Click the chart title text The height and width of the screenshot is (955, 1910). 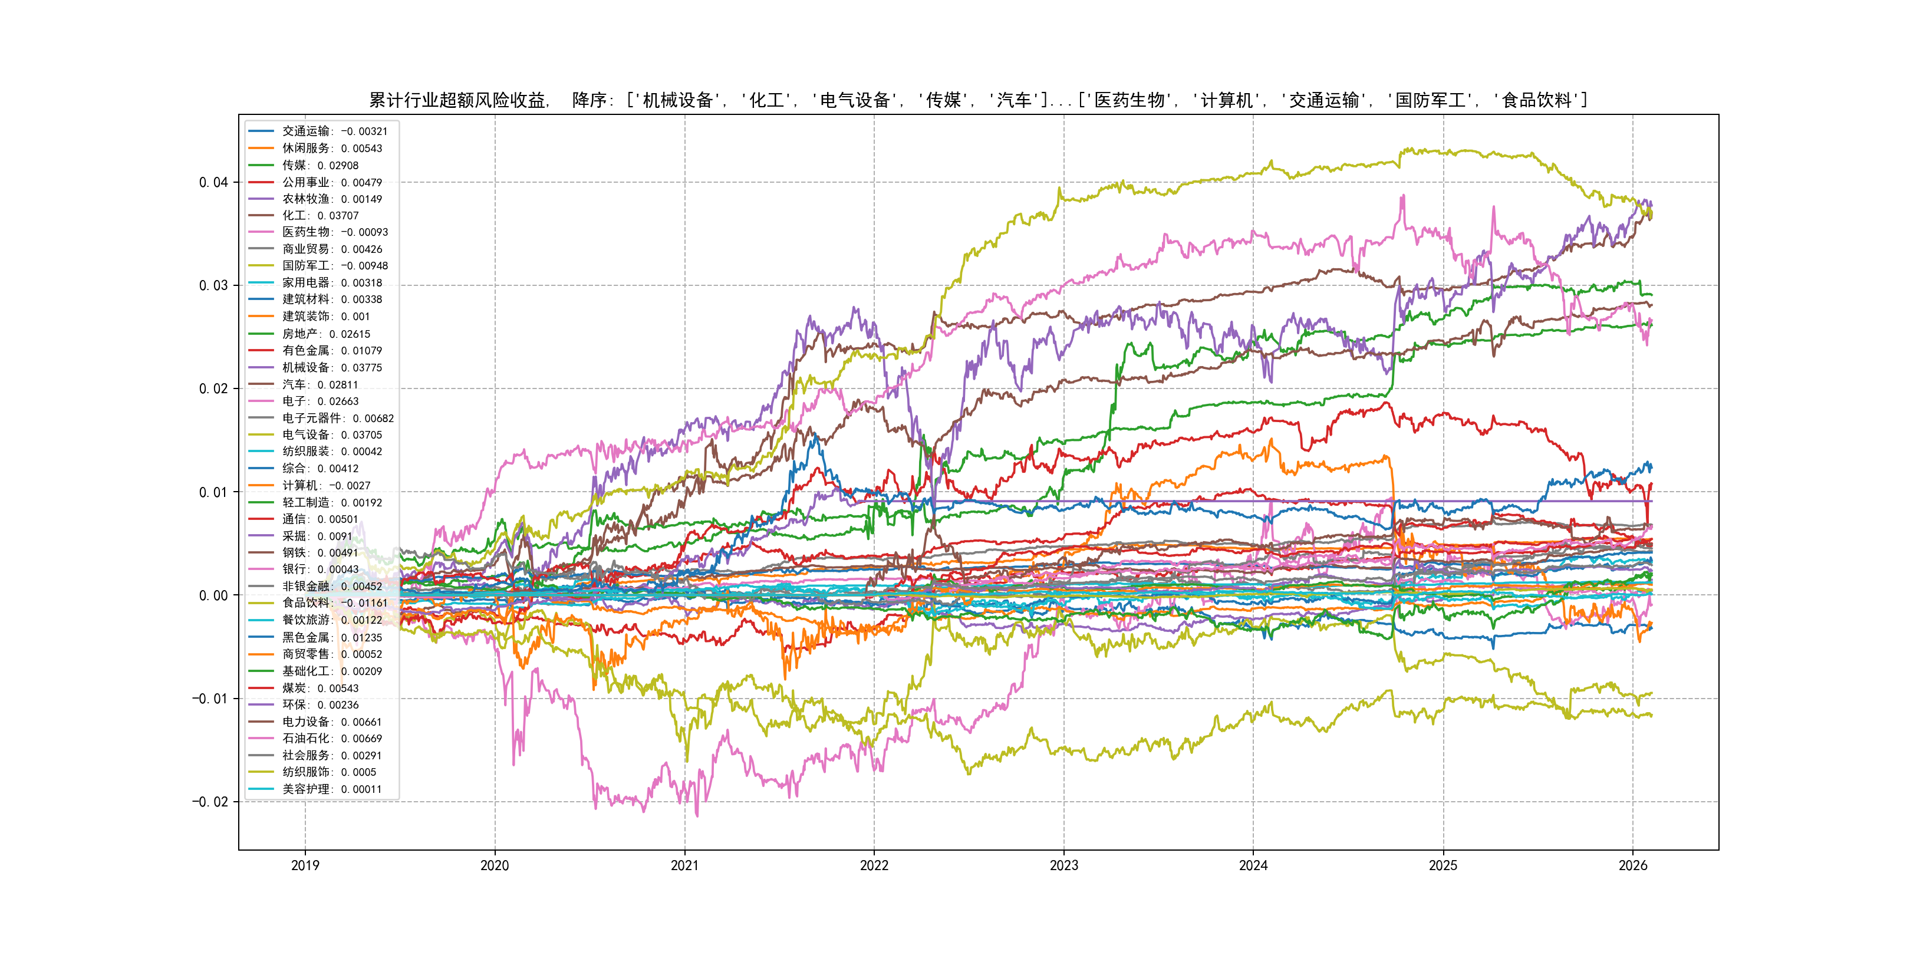[978, 100]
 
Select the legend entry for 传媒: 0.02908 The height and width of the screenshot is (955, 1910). [320, 165]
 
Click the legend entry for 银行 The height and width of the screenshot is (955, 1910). [320, 569]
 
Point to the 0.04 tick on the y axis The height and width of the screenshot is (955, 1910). [213, 182]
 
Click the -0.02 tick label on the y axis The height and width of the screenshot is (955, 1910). [210, 802]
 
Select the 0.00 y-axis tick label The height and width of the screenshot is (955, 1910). [213, 595]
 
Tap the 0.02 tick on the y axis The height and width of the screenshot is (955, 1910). [213, 388]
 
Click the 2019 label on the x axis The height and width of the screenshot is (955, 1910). [305, 865]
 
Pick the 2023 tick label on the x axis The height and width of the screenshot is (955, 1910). [1063, 865]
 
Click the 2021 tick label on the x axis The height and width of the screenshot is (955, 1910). [684, 865]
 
